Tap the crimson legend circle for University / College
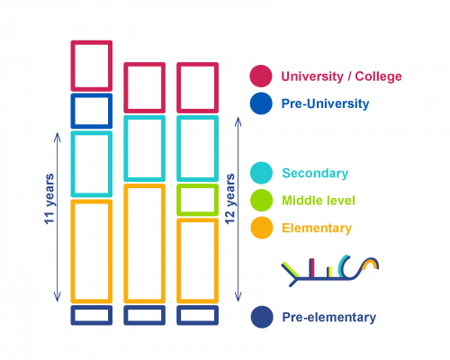pos(261,76)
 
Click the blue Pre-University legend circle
pos(261,103)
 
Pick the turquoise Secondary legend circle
pos(261,173)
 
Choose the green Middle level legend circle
pos(261,200)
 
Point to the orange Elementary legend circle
pos(262,228)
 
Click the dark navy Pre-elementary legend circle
pos(262,317)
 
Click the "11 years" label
pos(49,199)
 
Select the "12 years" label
pos(230,199)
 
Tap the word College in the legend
pos(378,76)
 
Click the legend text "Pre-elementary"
pos(328,318)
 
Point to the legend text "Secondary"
pos(315,174)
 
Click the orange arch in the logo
pos(370,262)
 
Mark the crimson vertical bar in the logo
pos(311,267)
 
